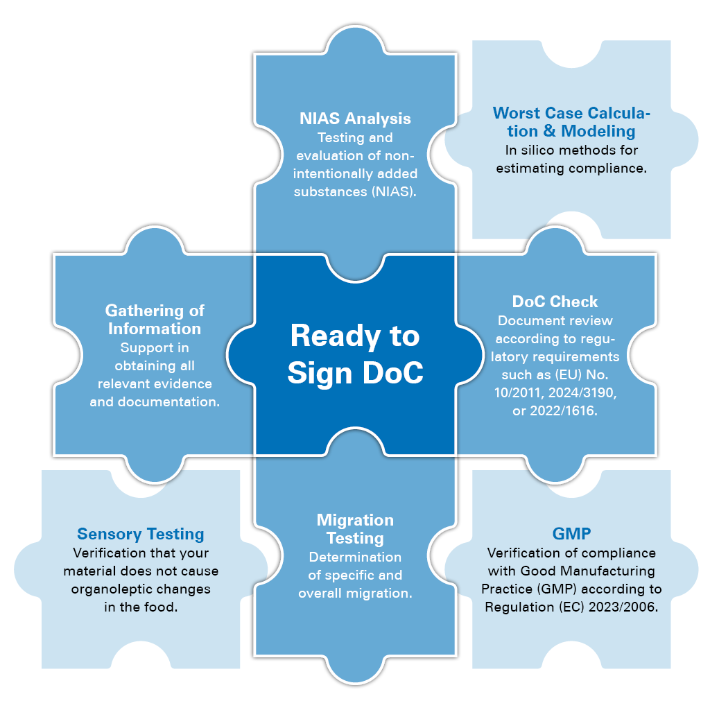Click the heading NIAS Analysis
point(355,119)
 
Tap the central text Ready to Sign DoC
point(355,354)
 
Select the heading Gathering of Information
point(155,319)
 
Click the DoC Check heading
point(555,302)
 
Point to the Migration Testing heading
point(355,529)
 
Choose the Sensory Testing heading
point(141,534)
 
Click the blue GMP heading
point(571,534)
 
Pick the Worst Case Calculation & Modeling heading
point(571,121)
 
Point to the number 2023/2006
point(620,607)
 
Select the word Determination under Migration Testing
point(355,557)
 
